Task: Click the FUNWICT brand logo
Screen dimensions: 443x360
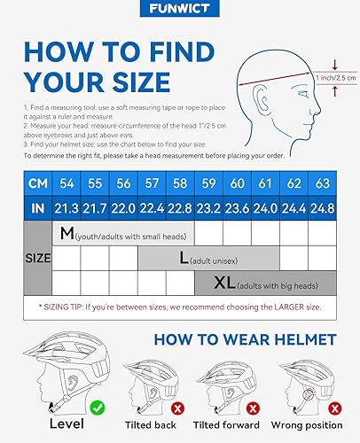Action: (180, 12)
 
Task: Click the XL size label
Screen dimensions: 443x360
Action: (226, 284)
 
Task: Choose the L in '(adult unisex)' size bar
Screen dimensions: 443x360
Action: (184, 259)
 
